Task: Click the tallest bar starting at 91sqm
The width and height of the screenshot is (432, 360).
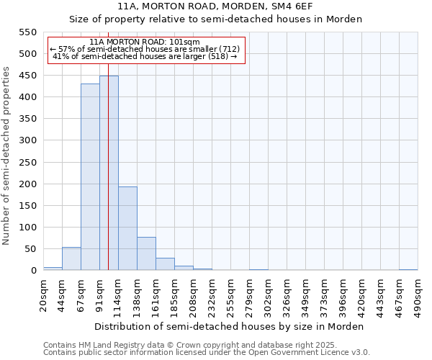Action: coord(109,173)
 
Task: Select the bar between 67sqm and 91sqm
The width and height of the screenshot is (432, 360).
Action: coord(90,177)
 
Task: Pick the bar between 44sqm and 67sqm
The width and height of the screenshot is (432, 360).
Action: coord(71,258)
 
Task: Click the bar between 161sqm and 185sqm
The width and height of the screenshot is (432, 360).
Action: coord(165,264)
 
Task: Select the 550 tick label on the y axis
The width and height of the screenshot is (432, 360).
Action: coord(27,32)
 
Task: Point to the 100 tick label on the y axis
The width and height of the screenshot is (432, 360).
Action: coord(27,228)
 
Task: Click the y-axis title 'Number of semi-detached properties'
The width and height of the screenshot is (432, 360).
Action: coord(6,156)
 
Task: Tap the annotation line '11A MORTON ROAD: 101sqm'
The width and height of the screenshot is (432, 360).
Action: coord(145,42)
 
